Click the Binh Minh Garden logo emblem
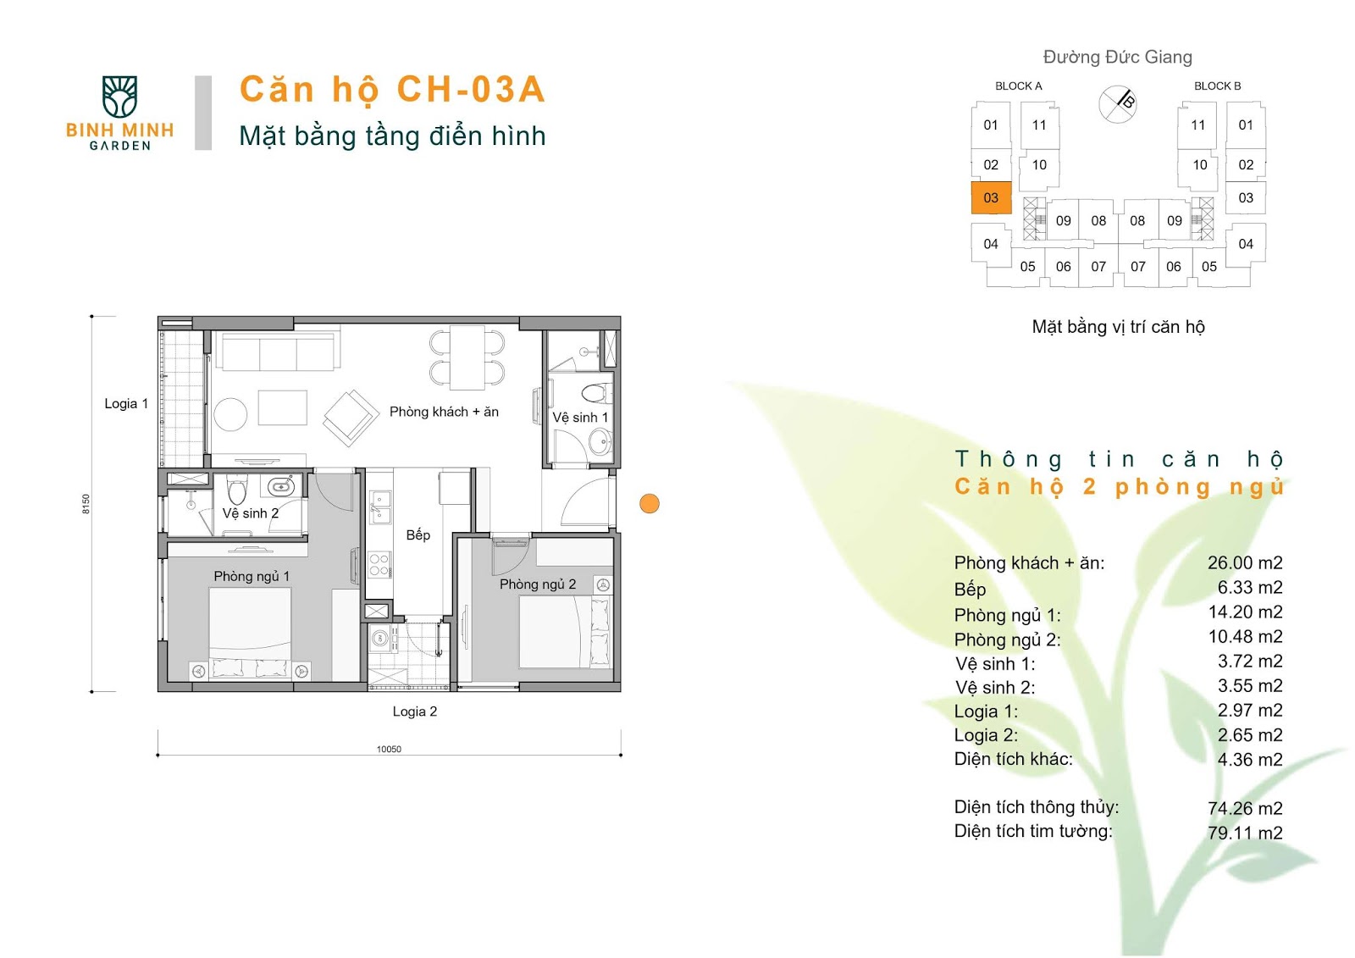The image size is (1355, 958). tap(119, 97)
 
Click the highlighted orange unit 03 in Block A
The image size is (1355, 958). tap(991, 198)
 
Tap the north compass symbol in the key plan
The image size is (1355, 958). tap(1117, 103)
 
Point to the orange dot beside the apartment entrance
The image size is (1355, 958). tap(649, 503)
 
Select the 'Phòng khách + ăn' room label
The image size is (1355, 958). tap(444, 412)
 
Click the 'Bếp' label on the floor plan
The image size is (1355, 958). tap(418, 535)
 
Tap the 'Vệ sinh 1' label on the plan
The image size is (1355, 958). tap(580, 418)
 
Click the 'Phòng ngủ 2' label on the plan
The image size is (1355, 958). tap(538, 584)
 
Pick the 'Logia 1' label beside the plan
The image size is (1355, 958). tap(126, 404)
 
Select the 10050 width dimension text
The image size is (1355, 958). tap(389, 749)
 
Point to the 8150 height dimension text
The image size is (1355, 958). tap(86, 503)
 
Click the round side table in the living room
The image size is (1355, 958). tap(230, 414)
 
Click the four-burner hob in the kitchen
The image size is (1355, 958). tap(379, 565)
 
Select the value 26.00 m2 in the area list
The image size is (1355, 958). tap(1245, 562)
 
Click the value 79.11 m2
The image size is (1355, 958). tap(1245, 833)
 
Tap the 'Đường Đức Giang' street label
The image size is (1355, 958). tap(1118, 57)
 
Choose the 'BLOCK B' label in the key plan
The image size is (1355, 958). tap(1217, 86)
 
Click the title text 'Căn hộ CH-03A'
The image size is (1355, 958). tap(393, 89)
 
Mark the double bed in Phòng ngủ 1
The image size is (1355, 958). tap(251, 633)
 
